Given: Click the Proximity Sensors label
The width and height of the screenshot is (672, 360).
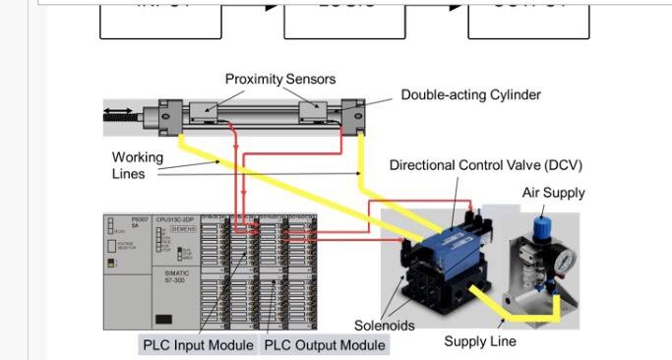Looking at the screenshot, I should coord(280,79).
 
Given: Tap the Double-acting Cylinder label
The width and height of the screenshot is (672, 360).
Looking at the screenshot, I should coord(470,95).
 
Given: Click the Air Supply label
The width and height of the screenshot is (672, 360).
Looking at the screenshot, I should coord(553,193).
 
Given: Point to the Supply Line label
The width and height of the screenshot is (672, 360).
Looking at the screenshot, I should coord(479,341).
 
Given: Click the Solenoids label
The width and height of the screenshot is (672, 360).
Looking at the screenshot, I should coord(386,326).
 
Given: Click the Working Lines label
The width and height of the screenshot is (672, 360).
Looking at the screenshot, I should coord(137,165).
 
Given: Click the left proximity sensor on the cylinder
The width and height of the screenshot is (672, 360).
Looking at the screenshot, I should coord(210,115).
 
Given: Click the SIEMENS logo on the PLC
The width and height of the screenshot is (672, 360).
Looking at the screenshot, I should coord(183,228).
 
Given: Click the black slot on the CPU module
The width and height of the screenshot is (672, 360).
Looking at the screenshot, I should coord(165,319).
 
